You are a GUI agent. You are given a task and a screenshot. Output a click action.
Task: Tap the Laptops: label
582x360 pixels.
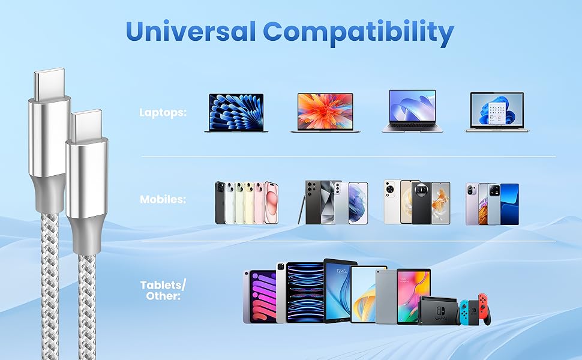[x=163, y=112]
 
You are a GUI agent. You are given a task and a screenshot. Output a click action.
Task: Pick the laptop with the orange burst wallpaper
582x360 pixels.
[x=326, y=112]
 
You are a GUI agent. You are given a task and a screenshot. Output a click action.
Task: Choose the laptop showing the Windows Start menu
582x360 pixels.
[x=497, y=112]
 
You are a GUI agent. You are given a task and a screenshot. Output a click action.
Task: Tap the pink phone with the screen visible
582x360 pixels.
[x=271, y=203]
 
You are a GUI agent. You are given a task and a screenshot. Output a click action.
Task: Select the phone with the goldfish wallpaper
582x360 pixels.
[x=440, y=203]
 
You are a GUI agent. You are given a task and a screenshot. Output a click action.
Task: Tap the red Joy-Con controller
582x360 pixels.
[x=483, y=308]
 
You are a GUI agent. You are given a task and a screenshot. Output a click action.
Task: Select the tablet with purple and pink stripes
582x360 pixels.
[x=260, y=296]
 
